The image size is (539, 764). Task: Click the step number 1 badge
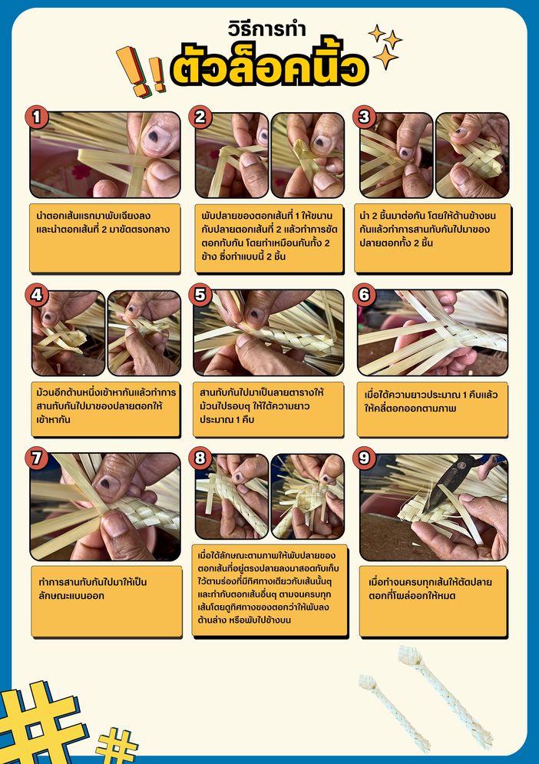[x=37, y=117]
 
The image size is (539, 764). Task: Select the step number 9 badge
[x=364, y=458]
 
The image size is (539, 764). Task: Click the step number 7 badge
[x=37, y=458]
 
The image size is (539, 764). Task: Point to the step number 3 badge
[x=364, y=117]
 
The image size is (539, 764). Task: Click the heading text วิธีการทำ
[x=266, y=28]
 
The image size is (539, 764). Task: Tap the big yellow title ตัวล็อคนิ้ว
[x=269, y=67]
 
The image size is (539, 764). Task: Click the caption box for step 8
[x=269, y=590]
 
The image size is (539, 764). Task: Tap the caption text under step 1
[x=104, y=222]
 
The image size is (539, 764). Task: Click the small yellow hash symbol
[x=116, y=746]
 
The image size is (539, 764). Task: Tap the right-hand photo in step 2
[x=307, y=155]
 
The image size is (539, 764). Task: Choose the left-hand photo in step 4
[x=68, y=333]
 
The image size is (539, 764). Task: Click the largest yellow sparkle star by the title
[x=385, y=57]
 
